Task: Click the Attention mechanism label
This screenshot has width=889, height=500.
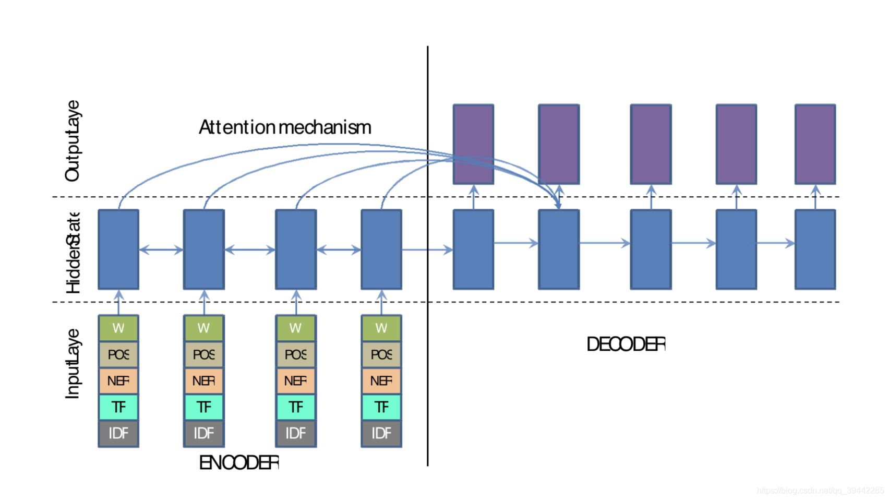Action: [285, 127]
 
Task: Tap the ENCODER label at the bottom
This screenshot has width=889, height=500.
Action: [239, 463]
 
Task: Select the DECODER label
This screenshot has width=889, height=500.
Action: [626, 344]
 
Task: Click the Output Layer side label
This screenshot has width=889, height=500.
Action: [73, 141]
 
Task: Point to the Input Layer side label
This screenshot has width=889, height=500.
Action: [73, 364]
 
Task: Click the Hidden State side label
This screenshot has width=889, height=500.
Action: [73, 253]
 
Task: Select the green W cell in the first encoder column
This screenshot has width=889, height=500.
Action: [118, 328]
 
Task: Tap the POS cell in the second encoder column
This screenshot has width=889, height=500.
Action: [203, 355]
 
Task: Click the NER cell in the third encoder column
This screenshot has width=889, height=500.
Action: [295, 381]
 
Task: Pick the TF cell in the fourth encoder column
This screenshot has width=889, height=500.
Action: [381, 407]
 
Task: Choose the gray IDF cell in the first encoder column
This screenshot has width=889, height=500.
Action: [118, 433]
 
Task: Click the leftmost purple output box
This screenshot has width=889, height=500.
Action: [473, 144]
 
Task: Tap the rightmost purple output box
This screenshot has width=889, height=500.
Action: [815, 144]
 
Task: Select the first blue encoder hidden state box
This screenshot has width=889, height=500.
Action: [118, 249]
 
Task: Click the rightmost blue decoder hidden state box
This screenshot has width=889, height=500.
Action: [815, 249]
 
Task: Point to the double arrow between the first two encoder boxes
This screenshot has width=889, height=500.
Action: [161, 250]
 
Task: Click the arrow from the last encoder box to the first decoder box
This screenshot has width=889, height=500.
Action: [427, 250]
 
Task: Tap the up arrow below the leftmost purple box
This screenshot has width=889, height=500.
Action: [473, 197]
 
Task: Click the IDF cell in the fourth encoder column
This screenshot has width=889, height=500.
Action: [381, 433]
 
